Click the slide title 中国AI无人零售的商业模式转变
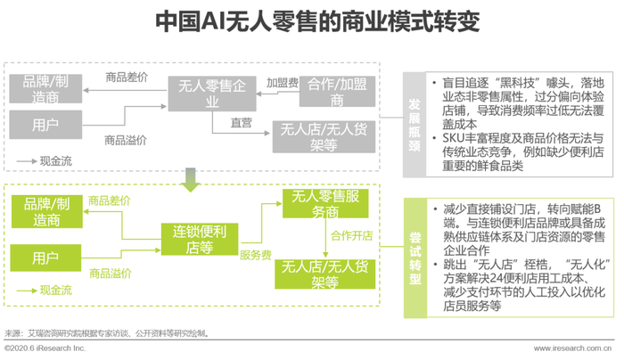(x=317, y=21)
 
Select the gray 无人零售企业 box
(x=212, y=94)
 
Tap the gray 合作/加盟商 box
(x=337, y=92)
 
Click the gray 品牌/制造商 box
(x=45, y=89)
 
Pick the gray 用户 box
(x=45, y=125)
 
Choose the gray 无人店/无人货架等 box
(x=324, y=137)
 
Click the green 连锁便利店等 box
(x=200, y=239)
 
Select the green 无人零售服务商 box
(x=325, y=203)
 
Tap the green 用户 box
(x=45, y=258)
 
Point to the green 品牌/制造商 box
(x=47, y=211)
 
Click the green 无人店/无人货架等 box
(x=325, y=274)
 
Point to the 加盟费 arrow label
(x=283, y=83)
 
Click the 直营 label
(x=242, y=123)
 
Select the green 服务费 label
(x=256, y=255)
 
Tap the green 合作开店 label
(x=352, y=235)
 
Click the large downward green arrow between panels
(x=191, y=180)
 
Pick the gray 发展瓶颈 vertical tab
(x=415, y=125)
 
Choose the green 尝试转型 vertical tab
(x=415, y=258)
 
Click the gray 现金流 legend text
(x=55, y=161)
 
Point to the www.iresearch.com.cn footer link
(x=572, y=348)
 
